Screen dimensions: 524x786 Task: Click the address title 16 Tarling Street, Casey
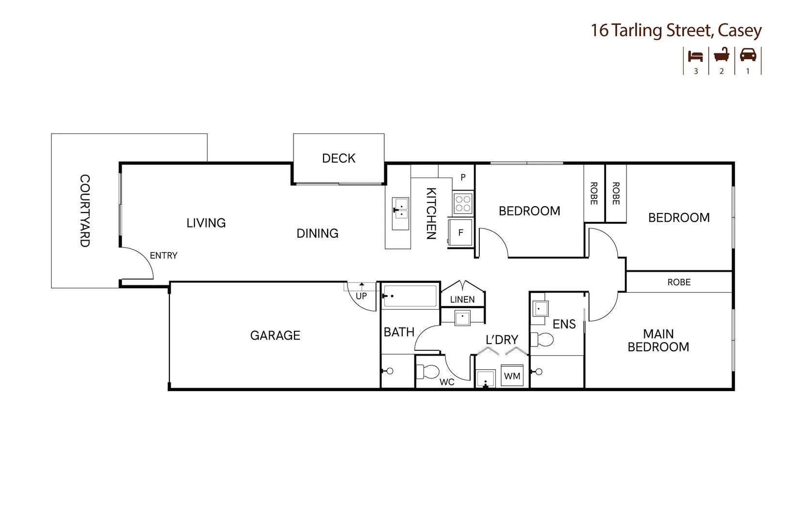pos(676,31)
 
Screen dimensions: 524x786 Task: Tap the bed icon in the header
pos(696,55)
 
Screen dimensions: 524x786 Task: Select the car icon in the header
pos(748,55)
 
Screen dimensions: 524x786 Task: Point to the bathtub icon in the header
pos(721,55)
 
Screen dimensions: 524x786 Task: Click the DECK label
pos(339,158)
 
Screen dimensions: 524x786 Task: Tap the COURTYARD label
pos(84,211)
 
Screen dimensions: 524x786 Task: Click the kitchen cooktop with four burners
pos(463,203)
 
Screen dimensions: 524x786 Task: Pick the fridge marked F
pos(460,233)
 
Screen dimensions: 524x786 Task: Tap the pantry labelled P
pos(463,178)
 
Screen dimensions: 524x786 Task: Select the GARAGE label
pos(275,335)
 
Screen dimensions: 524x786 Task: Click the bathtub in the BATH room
pos(410,295)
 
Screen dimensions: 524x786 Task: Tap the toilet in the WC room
pos(428,372)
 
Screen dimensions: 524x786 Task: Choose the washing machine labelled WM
pos(512,376)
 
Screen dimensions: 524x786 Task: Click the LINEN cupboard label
pos(462,300)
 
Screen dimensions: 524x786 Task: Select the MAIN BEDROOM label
pos(658,340)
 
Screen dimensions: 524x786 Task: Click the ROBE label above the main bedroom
pos(678,282)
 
